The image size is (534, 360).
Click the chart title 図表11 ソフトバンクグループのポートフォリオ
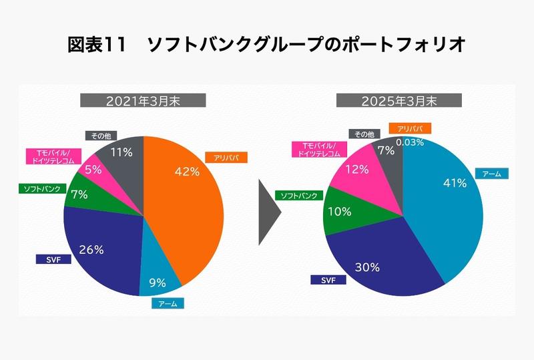coord(266,45)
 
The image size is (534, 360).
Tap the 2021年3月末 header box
coord(143,102)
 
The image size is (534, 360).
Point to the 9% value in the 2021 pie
coord(158,283)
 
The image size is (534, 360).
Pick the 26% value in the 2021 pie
coord(91,250)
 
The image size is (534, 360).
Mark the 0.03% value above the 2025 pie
coord(410,142)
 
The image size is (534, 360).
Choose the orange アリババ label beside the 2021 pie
coord(230,158)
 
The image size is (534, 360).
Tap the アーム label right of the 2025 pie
coord(492,174)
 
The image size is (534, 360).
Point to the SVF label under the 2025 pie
coord(328,280)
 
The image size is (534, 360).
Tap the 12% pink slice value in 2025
coord(358,170)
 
